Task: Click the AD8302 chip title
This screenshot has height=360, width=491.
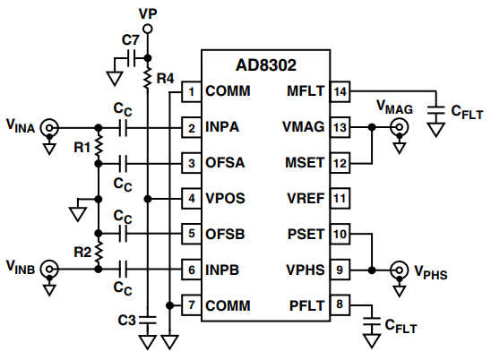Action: click(x=266, y=65)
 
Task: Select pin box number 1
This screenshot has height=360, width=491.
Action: click(x=192, y=91)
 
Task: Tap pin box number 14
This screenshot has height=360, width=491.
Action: click(x=340, y=91)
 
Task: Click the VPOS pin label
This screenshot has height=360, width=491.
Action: click(x=225, y=198)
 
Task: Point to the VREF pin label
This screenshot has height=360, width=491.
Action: click(x=306, y=198)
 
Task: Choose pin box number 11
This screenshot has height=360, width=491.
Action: click(x=340, y=198)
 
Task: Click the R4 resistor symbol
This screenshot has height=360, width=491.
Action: click(x=148, y=78)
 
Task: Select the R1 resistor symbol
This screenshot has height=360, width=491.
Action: click(x=99, y=146)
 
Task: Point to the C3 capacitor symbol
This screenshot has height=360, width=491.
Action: click(x=148, y=320)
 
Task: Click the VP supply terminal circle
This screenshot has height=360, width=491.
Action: click(x=148, y=30)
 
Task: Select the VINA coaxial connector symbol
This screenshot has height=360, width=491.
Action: click(x=49, y=128)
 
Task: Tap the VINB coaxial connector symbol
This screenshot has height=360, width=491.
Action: click(x=49, y=269)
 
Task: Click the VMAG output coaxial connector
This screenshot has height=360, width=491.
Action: click(x=400, y=127)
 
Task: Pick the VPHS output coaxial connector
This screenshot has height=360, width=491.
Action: click(x=400, y=270)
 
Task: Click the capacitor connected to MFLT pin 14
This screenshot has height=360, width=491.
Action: click(x=435, y=110)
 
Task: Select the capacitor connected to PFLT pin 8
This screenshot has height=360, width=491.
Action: click(x=372, y=322)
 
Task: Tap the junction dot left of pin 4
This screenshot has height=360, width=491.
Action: click(x=148, y=199)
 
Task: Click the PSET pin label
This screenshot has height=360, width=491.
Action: click(x=306, y=234)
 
